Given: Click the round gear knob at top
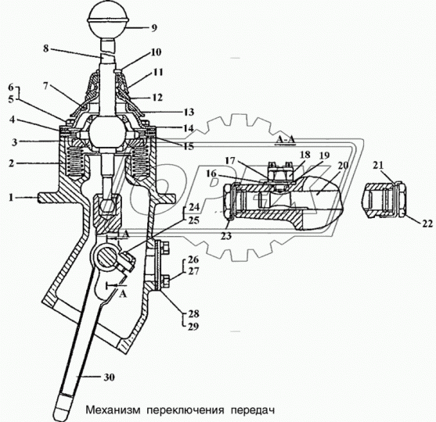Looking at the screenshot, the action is click(107, 20).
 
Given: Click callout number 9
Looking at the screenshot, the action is click(154, 28).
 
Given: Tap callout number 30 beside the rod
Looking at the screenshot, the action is click(109, 377).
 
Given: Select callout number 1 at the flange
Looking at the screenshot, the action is click(11, 198).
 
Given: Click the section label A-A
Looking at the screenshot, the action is click(285, 141).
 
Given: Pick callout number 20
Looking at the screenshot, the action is click(343, 166).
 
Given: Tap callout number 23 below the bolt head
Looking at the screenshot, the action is click(227, 236).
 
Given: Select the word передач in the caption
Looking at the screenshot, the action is click(253, 410).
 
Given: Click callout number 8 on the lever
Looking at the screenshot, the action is click(46, 48).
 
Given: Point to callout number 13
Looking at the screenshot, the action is click(189, 112).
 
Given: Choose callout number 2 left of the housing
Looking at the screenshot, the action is click(11, 163).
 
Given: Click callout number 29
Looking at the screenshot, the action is click(193, 327).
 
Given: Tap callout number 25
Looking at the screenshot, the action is click(194, 220).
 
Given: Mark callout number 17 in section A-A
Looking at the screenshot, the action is click(230, 161).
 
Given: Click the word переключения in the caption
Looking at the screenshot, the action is click(186, 410).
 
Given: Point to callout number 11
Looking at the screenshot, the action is click(157, 72).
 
